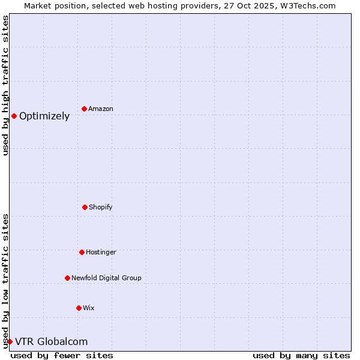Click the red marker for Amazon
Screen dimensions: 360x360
click(85, 109)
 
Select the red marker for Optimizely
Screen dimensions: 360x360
click(14, 116)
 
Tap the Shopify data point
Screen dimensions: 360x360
click(85, 207)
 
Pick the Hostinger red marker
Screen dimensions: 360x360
click(82, 252)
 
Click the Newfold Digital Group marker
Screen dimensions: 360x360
click(67, 278)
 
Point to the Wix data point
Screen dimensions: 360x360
click(79, 308)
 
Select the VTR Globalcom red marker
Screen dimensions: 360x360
click(10, 341)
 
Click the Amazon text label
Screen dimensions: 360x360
click(101, 109)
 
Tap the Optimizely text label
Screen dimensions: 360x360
click(44, 116)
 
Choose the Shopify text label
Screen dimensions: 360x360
click(101, 207)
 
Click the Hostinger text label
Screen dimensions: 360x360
click(101, 252)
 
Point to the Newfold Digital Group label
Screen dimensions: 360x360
click(106, 278)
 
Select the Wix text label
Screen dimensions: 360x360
click(89, 308)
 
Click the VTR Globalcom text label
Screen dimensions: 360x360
click(51, 342)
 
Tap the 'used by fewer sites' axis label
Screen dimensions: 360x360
click(62, 355)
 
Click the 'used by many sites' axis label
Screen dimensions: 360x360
click(301, 355)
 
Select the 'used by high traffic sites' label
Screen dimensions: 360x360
click(6, 85)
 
